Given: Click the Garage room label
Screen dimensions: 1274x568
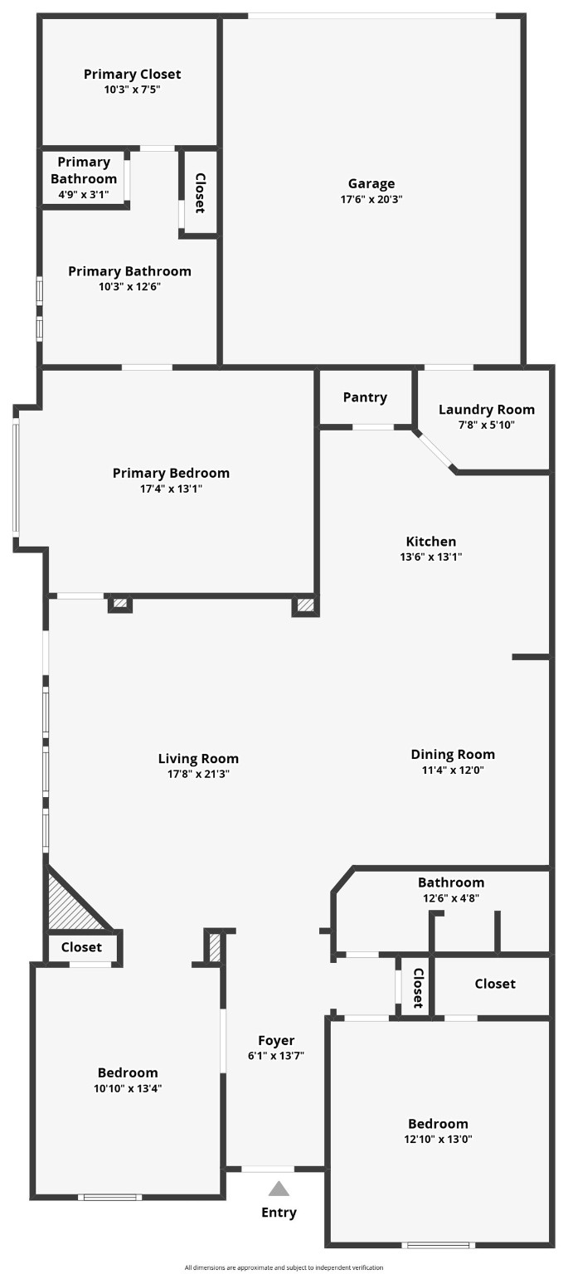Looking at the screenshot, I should coord(371,184).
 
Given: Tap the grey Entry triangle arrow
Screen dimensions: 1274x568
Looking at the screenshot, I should coord(279,1189).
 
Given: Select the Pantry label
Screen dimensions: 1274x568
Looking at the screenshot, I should coord(365,397).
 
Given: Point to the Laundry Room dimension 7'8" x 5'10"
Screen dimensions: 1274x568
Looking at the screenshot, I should coord(486,425).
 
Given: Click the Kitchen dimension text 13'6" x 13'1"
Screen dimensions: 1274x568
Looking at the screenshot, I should coord(430,557).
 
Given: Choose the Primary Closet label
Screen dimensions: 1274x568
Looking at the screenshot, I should coord(132,74).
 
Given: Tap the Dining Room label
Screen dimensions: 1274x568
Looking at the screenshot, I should coord(453,754).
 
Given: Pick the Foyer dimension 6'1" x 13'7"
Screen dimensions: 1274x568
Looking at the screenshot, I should coord(276,1056).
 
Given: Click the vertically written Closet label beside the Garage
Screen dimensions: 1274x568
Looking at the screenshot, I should coord(200,192).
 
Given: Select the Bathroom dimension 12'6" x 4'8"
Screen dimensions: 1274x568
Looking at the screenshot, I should coord(450,897).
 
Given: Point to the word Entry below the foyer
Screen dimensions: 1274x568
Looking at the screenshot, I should coord(279,1213).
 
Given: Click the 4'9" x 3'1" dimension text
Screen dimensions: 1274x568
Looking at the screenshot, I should coord(83,193).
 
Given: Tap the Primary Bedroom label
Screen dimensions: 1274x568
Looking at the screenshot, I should coord(171,473).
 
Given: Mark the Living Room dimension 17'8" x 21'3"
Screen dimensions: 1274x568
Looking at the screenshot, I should coord(198,774).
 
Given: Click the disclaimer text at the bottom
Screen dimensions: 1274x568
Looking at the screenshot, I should coord(284,1267).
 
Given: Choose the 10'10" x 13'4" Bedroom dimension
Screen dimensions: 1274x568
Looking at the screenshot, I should coord(128,1088).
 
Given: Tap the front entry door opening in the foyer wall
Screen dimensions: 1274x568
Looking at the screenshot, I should coord(267,1169).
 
